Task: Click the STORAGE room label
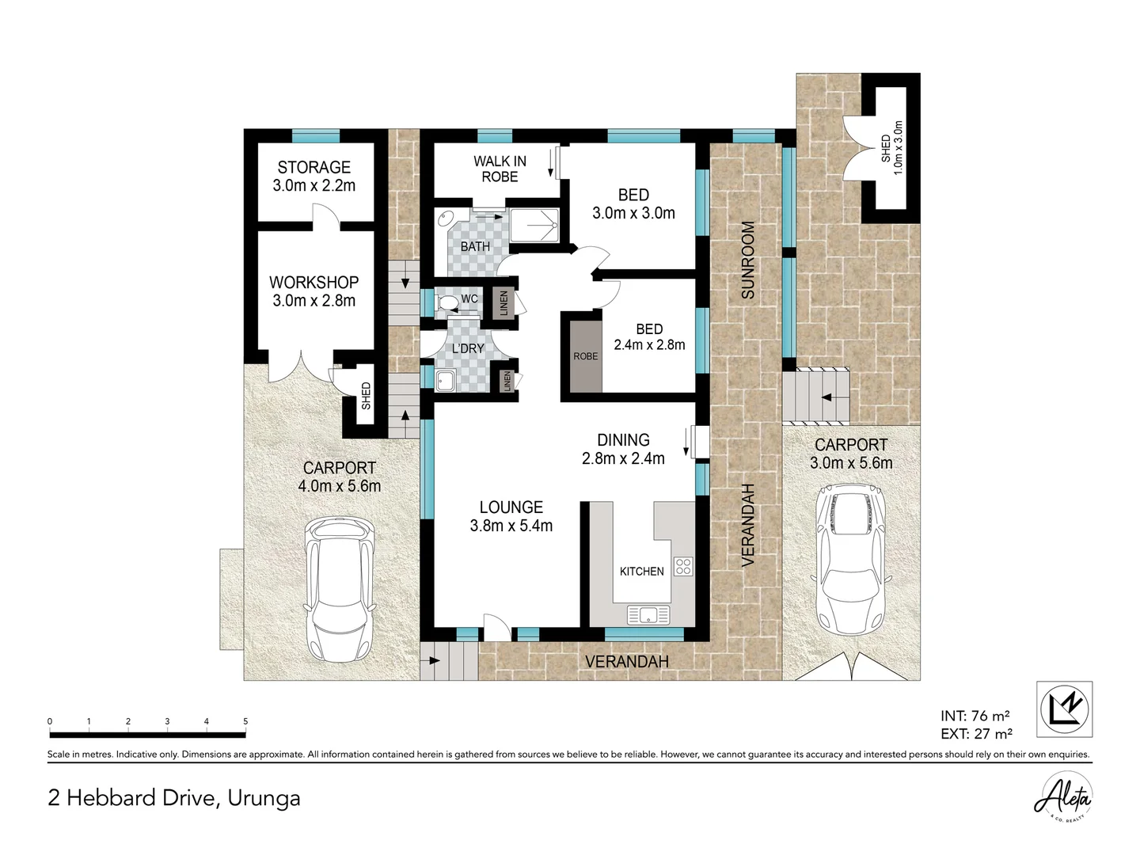(313, 167)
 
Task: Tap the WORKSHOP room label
(313, 283)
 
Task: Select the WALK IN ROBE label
(500, 169)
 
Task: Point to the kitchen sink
(648, 614)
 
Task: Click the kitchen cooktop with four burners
(682, 566)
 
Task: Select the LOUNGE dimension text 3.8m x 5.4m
(511, 526)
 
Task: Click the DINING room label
(623, 440)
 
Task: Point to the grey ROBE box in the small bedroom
(585, 355)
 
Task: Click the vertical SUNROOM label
(748, 260)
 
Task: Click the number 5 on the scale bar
(245, 721)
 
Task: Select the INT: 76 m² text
(975, 716)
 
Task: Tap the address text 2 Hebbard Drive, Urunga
(174, 797)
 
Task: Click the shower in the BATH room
(533, 226)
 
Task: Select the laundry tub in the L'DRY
(446, 381)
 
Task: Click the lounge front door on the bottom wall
(496, 629)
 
